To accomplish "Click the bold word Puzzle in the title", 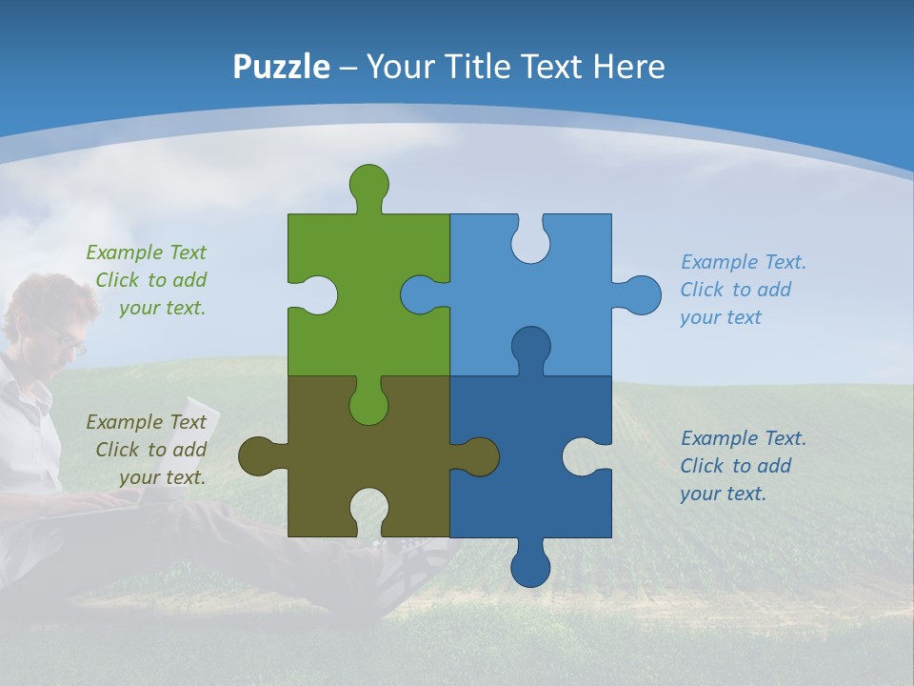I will click(282, 67).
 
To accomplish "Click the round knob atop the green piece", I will click(369, 184).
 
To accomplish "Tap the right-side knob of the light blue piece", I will click(640, 295).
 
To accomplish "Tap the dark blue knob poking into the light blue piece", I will click(530, 348).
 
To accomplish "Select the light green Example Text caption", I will click(149, 280).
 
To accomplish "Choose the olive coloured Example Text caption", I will click(149, 450).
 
